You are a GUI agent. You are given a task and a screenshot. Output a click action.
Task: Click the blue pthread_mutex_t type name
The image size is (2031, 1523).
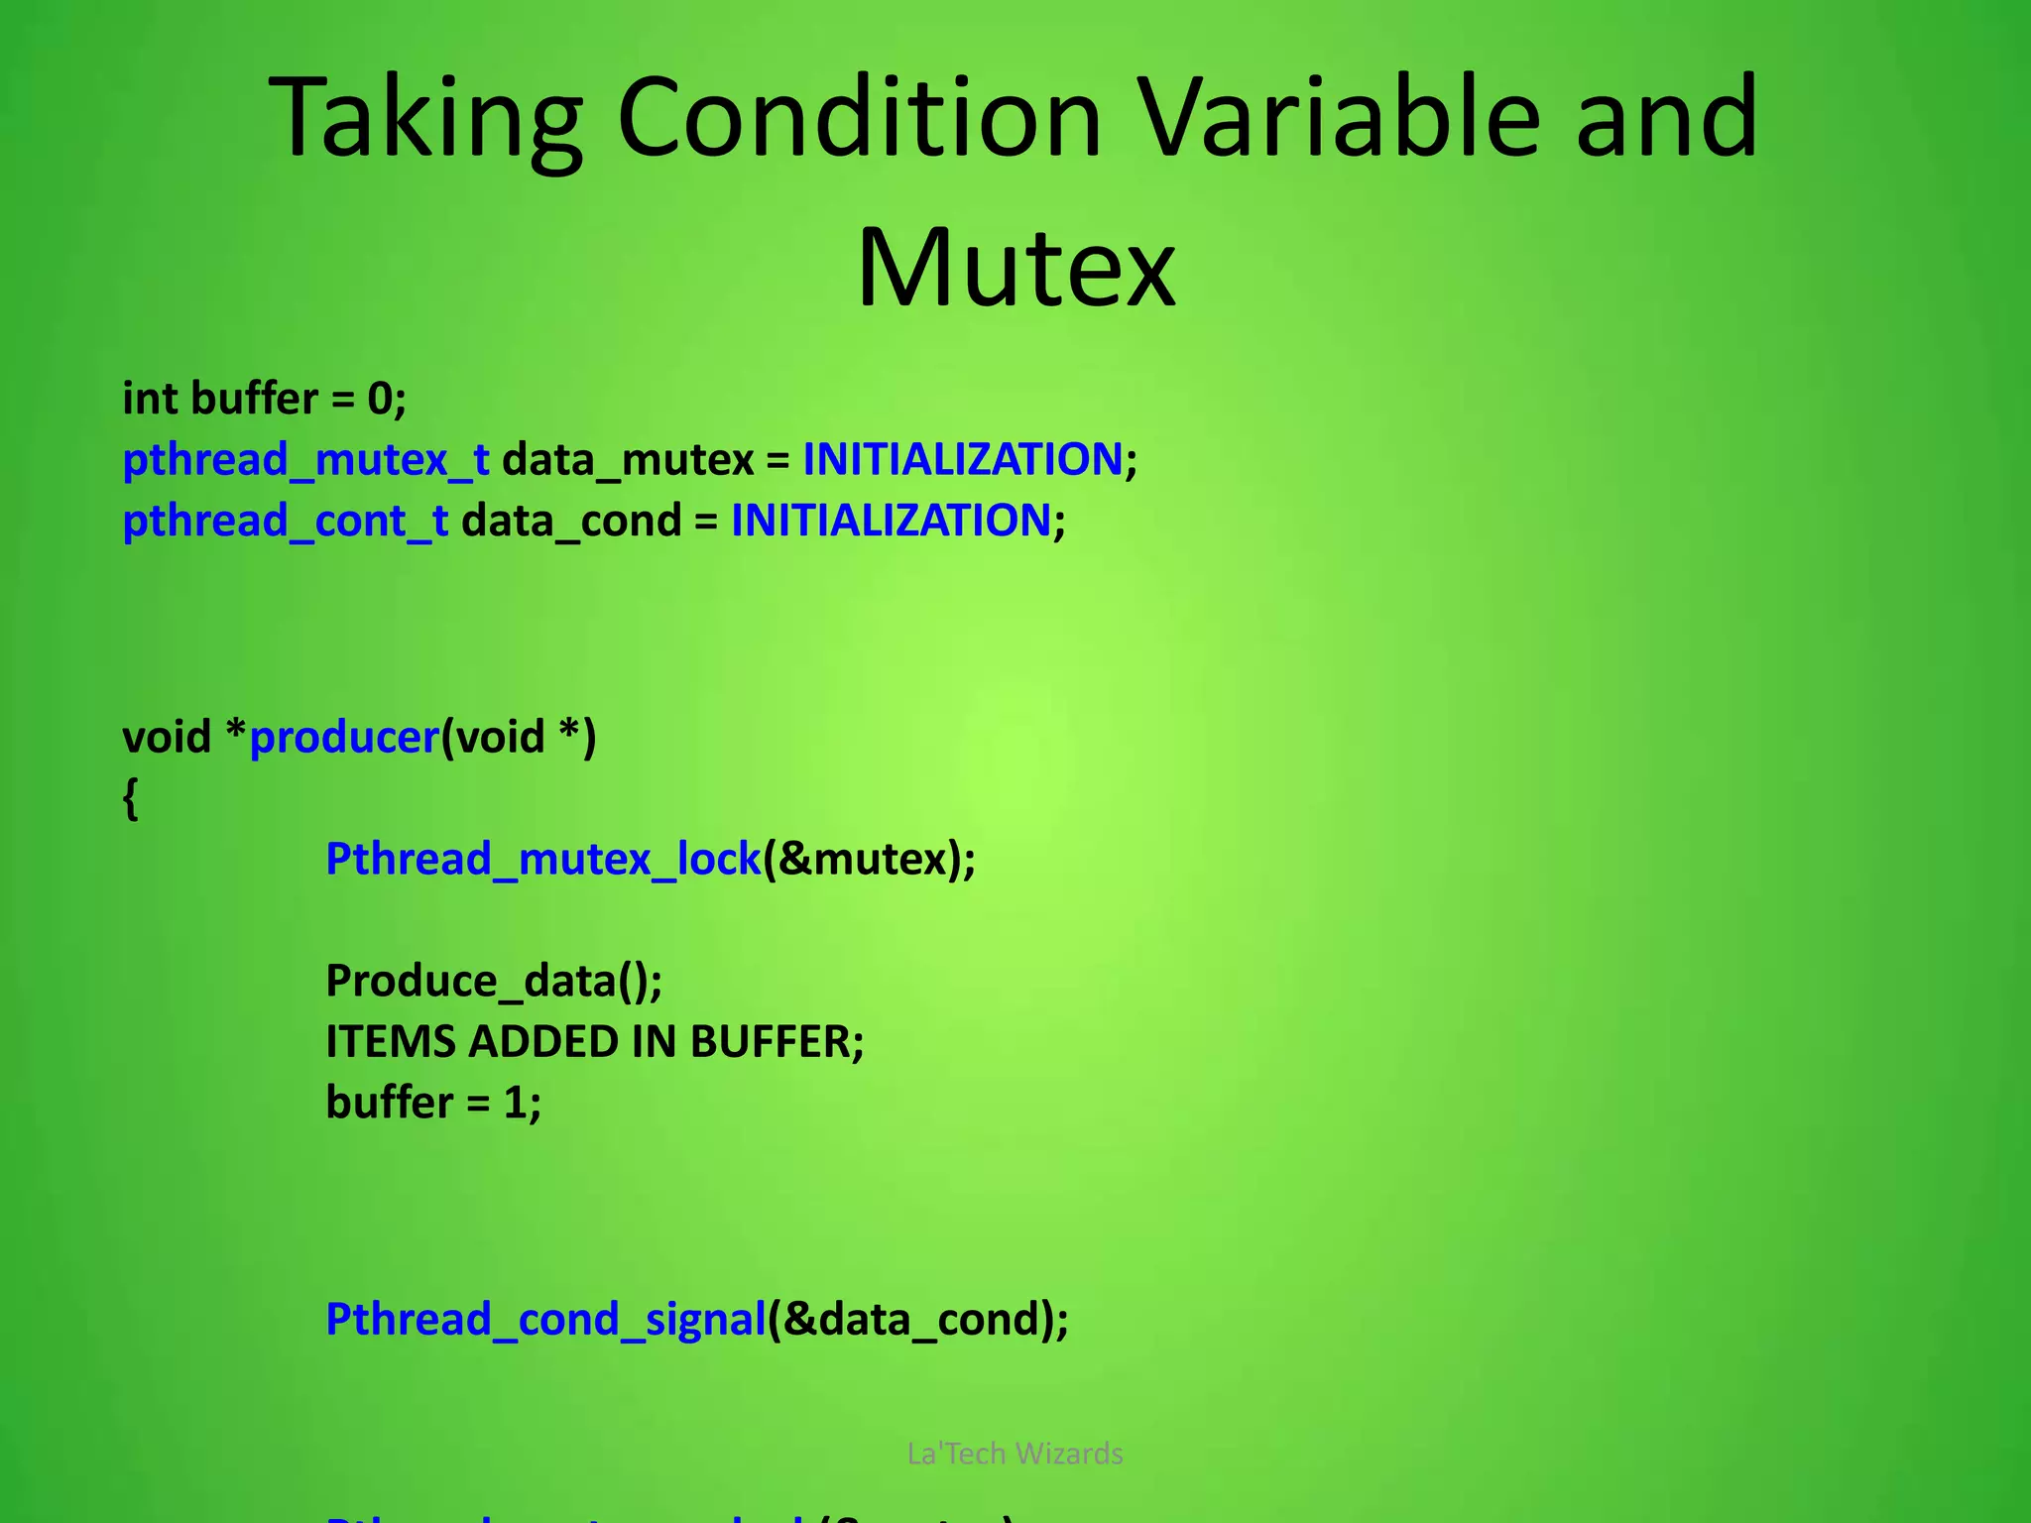click(305, 460)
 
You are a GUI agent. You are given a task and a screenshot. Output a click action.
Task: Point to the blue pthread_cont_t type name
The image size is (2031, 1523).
click(285, 522)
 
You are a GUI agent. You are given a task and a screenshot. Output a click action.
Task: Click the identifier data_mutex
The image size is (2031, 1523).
click(628, 460)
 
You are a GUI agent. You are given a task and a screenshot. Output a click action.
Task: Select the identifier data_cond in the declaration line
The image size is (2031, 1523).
click(571, 522)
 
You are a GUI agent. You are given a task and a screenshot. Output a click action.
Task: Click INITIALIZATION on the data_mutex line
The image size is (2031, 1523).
click(962, 460)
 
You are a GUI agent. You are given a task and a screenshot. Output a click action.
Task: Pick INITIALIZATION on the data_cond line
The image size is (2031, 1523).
click(891, 522)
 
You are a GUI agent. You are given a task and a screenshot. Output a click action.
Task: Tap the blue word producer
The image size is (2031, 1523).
click(344, 738)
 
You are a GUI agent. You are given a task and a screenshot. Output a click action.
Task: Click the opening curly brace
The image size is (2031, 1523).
click(130, 798)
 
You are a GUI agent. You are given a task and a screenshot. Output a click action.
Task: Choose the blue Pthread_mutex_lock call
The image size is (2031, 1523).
click(542, 860)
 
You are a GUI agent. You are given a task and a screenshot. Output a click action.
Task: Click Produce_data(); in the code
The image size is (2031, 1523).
click(494, 982)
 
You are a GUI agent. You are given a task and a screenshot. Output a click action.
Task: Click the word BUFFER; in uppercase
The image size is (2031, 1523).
click(777, 1042)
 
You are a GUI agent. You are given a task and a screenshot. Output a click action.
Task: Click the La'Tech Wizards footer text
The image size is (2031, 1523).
click(1015, 1454)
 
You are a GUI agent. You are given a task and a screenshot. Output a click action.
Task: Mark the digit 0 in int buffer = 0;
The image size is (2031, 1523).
click(380, 400)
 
